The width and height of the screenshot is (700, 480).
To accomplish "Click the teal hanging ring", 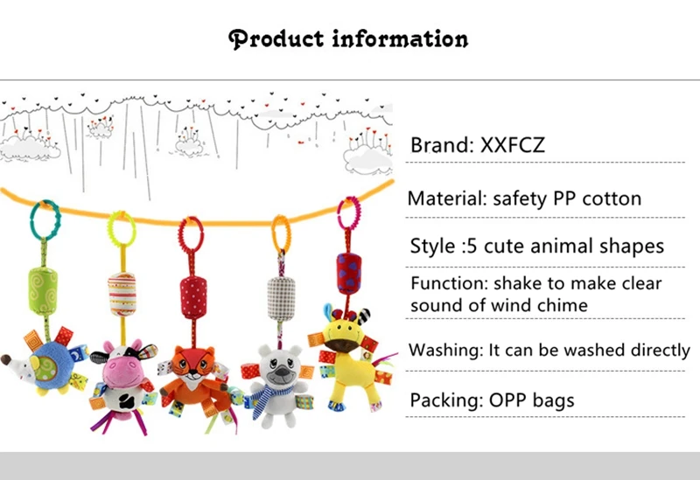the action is [32, 219].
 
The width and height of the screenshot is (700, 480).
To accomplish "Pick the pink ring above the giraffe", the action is [339, 213].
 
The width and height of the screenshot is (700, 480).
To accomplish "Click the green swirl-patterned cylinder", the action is [43, 290].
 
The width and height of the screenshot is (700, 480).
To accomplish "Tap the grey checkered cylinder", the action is [281, 298].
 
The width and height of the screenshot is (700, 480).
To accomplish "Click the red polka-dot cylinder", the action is [193, 297].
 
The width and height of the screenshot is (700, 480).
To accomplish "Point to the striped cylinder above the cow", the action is [122, 294].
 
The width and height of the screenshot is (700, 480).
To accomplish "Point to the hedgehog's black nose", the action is [6, 359].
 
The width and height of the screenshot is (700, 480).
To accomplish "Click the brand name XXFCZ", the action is [513, 145].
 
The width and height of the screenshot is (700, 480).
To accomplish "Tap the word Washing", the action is [444, 351].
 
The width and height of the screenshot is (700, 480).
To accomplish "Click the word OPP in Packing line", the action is [507, 400].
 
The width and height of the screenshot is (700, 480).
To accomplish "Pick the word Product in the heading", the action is [276, 38].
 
